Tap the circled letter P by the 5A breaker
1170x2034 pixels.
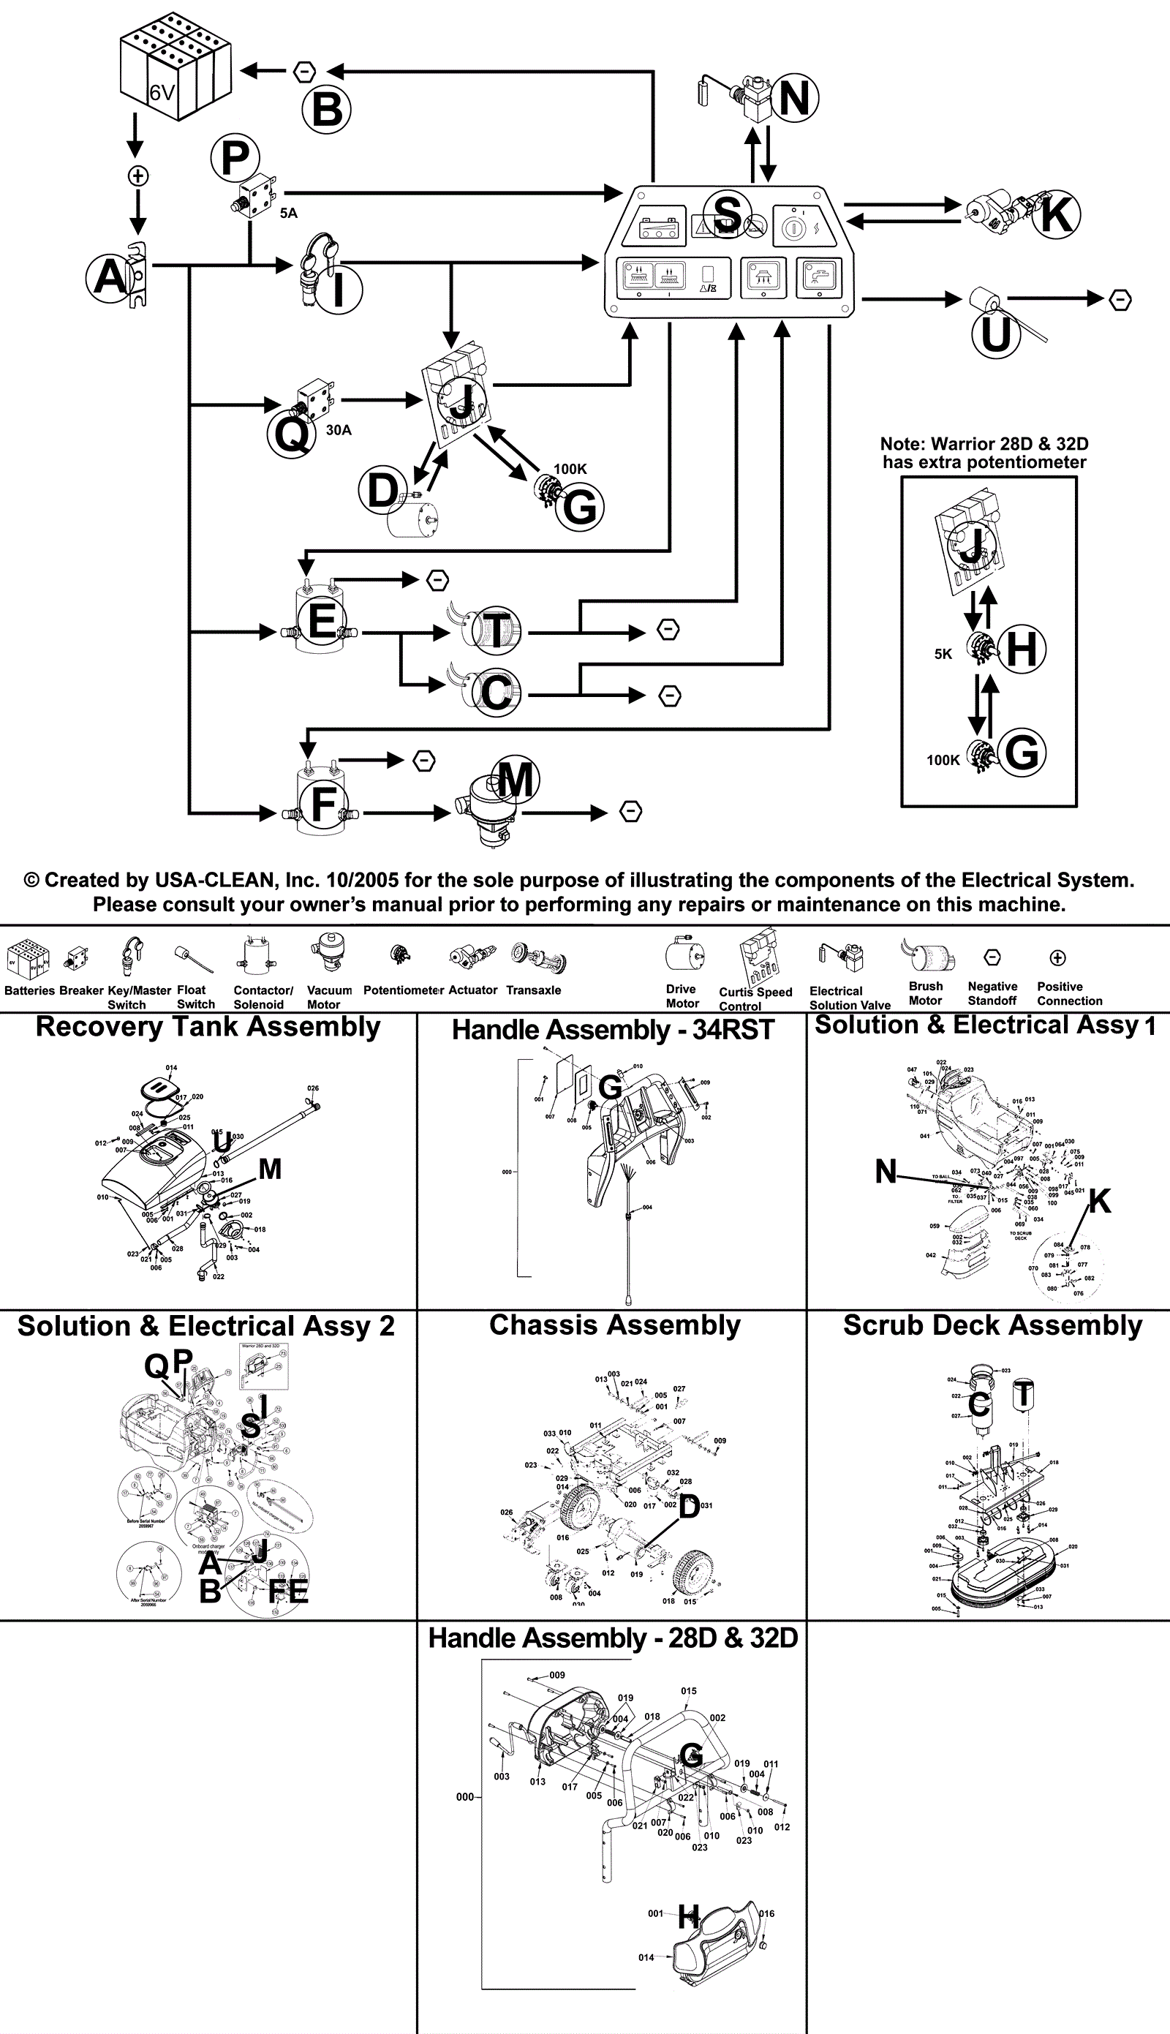235,158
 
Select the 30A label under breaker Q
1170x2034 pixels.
339,430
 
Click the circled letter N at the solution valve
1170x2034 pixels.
793,98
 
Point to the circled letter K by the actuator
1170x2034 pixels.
1055,214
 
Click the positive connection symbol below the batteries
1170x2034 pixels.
137,176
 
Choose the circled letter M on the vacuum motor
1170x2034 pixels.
515,780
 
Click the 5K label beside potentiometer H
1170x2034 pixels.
943,654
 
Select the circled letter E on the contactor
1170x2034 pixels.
322,621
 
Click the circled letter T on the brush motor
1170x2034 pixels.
496,628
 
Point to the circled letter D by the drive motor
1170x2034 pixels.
382,490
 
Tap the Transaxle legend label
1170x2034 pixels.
534,990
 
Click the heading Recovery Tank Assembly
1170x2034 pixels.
208,1027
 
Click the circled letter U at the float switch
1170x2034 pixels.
996,334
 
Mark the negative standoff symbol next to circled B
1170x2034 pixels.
303,72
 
